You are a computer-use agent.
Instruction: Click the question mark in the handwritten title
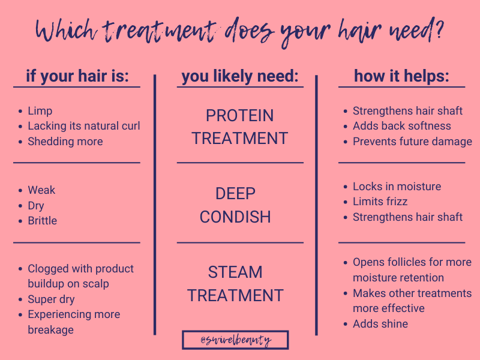tap(439, 28)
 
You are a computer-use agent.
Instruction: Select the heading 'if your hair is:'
tap(77, 76)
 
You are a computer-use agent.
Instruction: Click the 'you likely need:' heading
tap(240, 76)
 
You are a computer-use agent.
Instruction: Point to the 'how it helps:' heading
tap(401, 76)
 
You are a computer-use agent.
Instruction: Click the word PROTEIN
tap(239, 116)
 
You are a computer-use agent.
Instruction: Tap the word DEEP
tap(235, 194)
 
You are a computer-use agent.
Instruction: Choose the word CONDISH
tap(235, 217)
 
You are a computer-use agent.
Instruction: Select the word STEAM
tap(235, 272)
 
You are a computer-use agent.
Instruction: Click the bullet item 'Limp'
tap(40, 111)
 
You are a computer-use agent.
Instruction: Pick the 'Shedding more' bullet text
tap(65, 142)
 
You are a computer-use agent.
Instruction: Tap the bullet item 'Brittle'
tap(42, 221)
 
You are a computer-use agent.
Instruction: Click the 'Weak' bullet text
tap(41, 190)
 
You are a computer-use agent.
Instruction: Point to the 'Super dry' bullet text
tap(51, 299)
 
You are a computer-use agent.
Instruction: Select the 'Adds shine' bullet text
tap(380, 324)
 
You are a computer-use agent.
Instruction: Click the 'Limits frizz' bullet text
tap(380, 202)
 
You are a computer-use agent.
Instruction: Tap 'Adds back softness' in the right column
tap(401, 126)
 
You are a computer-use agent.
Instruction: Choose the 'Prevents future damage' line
tap(412, 142)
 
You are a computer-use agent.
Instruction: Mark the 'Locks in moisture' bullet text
tap(397, 187)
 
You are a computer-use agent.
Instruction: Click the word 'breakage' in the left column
tap(50, 330)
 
